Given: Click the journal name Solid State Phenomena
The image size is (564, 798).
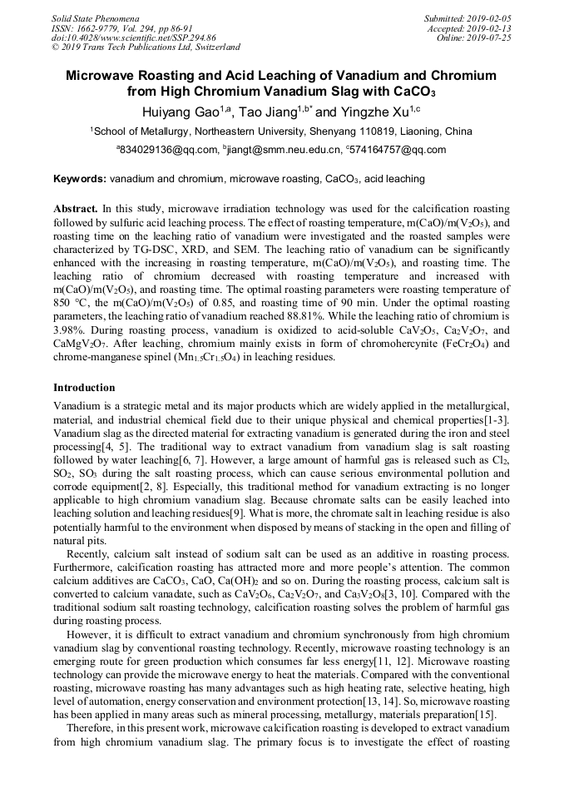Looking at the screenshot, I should pos(95,17).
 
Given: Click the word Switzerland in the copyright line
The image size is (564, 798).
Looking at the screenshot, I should pos(214,47).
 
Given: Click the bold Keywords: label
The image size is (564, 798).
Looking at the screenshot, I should pos(80,179).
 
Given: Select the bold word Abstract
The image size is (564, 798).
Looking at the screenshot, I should pos(76,207).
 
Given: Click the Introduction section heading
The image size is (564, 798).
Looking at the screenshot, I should pos(84,388).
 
